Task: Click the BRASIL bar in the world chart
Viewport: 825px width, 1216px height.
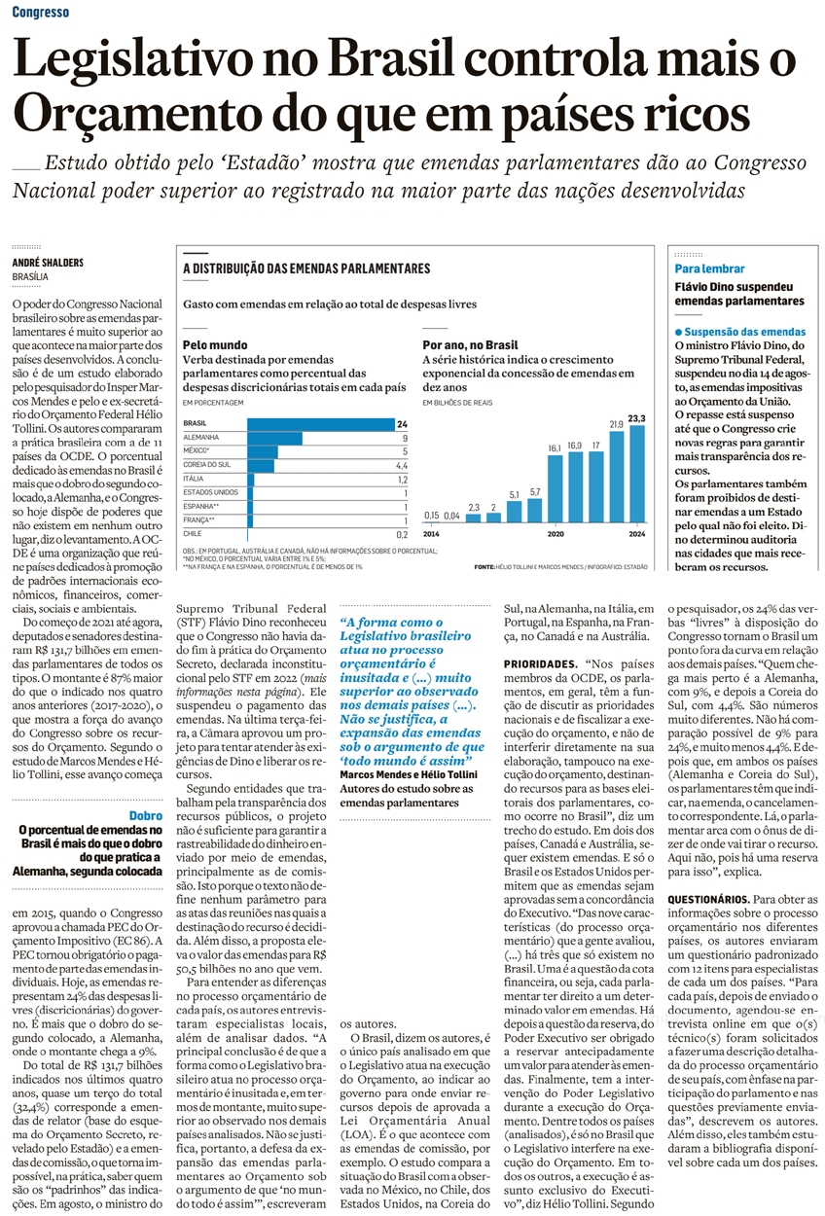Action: pos(320,424)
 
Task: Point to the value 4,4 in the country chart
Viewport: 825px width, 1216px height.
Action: pos(401,465)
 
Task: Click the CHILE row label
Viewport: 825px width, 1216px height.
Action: pos(193,533)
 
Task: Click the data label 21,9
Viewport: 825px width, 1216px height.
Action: pos(616,424)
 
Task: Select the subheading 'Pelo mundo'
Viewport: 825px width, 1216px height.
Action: pos(214,344)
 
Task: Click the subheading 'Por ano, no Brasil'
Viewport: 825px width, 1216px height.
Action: pos(470,344)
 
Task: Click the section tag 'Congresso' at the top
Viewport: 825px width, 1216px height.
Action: pos(42,13)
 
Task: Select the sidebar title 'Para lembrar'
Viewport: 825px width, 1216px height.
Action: pos(709,268)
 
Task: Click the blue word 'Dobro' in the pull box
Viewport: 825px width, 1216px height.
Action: pos(145,815)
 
